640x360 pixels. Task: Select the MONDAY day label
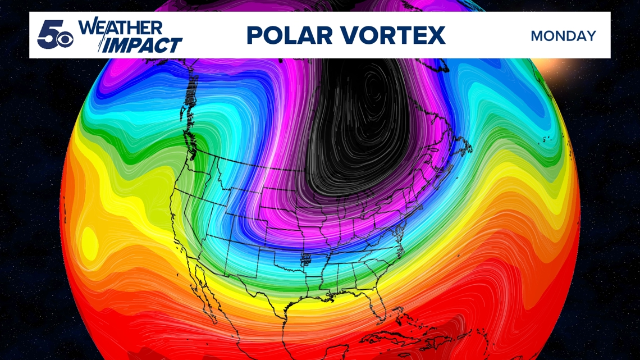click(563, 36)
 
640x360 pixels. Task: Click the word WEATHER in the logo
click(120, 28)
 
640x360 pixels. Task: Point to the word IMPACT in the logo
click(144, 45)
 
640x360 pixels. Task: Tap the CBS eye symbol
click(66, 40)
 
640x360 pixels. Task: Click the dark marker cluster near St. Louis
click(306, 260)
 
